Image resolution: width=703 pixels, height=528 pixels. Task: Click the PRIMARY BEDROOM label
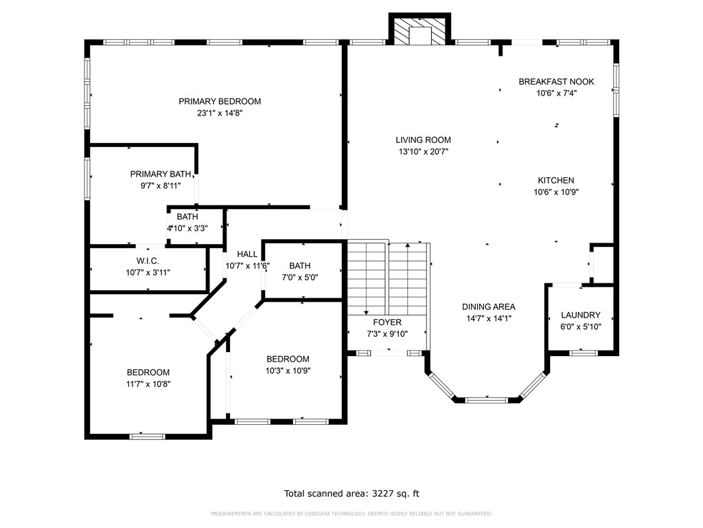[x=220, y=102]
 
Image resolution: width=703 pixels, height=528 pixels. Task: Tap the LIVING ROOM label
[x=423, y=140]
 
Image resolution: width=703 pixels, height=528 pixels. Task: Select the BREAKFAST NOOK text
[x=556, y=82]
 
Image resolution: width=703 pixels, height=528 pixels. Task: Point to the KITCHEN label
[x=556, y=181]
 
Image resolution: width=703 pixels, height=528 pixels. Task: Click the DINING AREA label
[x=489, y=307]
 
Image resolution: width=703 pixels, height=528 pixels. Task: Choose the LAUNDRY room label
[x=581, y=315]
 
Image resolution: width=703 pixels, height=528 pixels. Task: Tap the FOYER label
[x=387, y=322]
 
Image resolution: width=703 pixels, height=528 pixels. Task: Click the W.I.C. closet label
[x=148, y=261]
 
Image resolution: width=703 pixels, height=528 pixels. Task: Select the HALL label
[x=247, y=254]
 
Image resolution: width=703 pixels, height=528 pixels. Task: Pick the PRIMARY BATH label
[x=161, y=174]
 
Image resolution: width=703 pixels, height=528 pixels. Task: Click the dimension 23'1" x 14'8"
[x=220, y=113]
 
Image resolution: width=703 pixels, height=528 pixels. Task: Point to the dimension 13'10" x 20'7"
[x=423, y=152]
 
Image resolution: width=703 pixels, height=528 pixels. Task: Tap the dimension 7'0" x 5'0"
[x=300, y=278]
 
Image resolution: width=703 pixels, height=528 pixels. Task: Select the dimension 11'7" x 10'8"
[x=148, y=384]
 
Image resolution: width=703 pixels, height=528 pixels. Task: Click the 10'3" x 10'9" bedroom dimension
[x=288, y=371]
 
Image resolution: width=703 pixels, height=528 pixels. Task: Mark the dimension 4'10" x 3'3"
[x=187, y=228]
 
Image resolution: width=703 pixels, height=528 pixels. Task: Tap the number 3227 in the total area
[x=383, y=494]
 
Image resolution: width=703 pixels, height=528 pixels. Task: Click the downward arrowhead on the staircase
[x=367, y=313]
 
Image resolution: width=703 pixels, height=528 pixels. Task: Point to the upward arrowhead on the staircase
[x=408, y=245]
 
